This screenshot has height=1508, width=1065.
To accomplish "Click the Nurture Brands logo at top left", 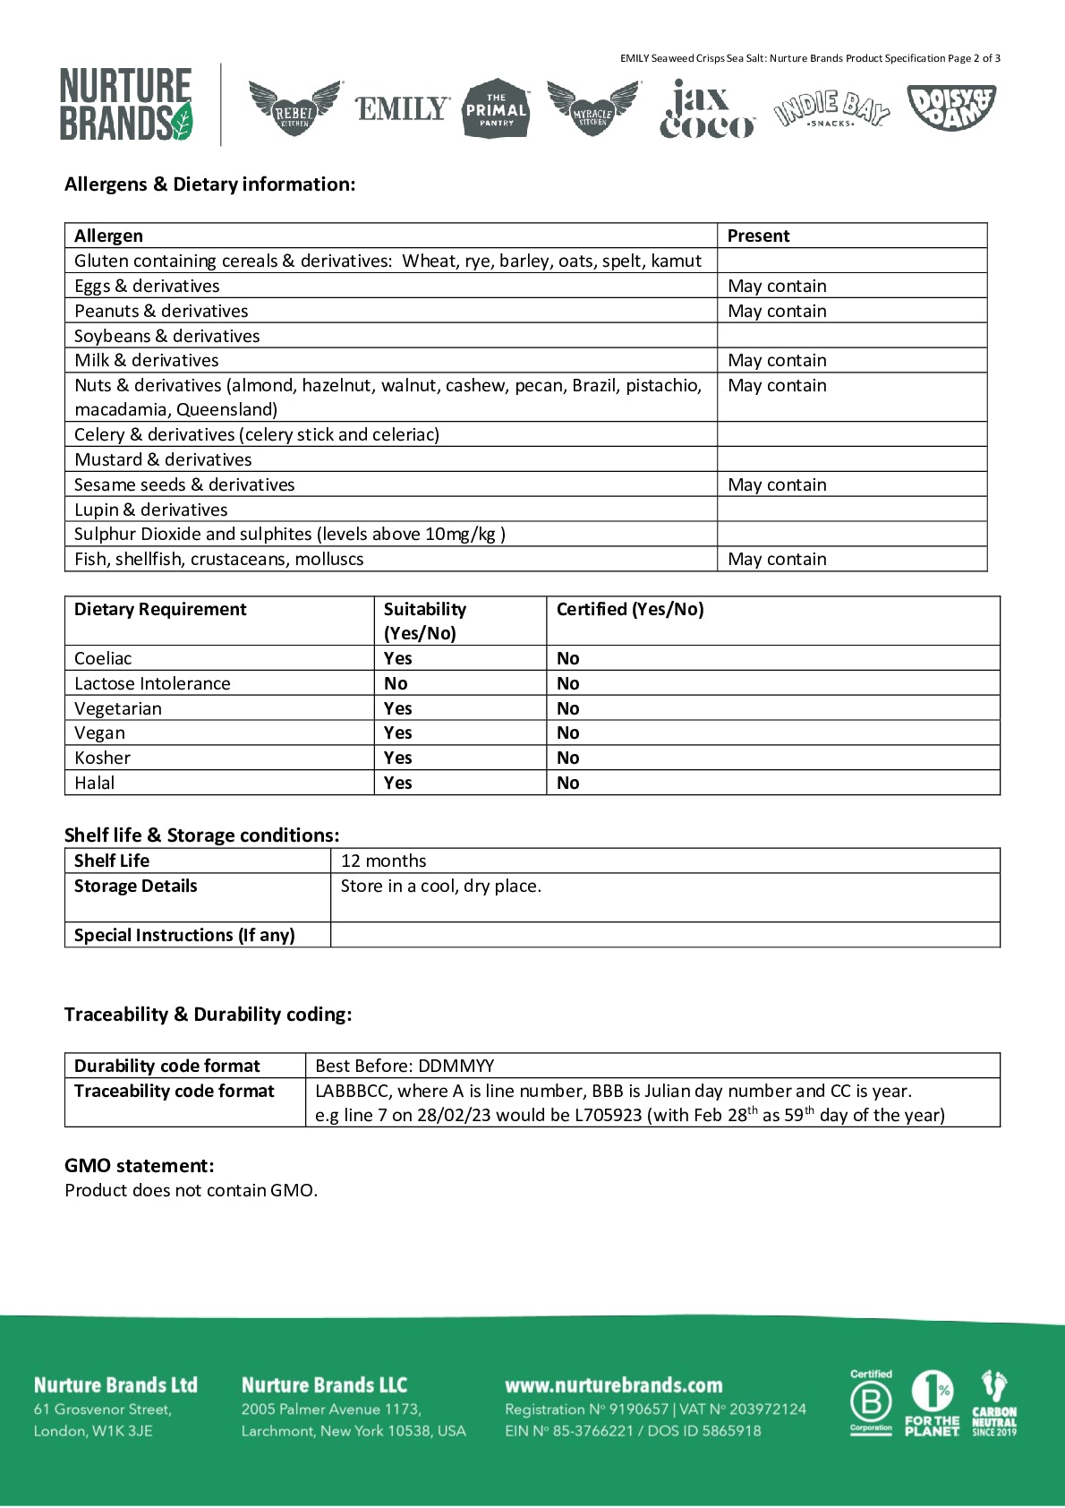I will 126,105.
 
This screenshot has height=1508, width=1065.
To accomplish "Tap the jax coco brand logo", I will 707,109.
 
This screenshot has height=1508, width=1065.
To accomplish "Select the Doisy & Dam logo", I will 950,107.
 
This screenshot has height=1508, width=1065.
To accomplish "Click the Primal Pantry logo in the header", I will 496,108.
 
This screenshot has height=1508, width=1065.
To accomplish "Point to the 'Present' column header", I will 758,236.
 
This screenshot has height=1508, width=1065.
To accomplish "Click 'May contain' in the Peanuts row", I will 777,311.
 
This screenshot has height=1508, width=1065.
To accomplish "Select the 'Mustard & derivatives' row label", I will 163,459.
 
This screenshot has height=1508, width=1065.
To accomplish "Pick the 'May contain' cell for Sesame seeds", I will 777,484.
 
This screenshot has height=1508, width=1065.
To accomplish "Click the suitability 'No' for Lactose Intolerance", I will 396,683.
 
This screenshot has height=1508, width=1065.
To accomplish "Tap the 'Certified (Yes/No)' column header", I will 630,609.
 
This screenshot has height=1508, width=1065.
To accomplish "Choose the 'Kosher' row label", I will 102,758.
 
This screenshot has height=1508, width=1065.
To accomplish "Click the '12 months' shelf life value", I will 383,861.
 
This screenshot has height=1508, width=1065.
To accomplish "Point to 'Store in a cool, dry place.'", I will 440,886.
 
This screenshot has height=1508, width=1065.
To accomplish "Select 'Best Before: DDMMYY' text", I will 405,1066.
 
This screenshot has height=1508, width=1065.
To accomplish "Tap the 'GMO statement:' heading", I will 139,1165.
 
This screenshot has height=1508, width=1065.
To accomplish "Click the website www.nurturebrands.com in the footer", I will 613,1385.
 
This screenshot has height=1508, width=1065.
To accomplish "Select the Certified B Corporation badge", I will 871,1403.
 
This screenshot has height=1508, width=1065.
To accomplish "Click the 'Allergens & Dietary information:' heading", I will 209,184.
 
